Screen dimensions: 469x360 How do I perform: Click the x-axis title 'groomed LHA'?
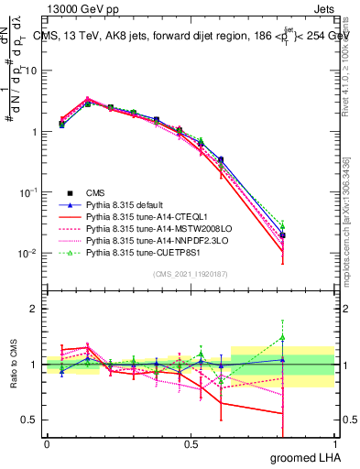(307, 455)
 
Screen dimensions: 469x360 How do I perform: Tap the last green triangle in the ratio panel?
(283, 337)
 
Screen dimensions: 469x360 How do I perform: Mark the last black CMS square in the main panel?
(283, 235)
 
